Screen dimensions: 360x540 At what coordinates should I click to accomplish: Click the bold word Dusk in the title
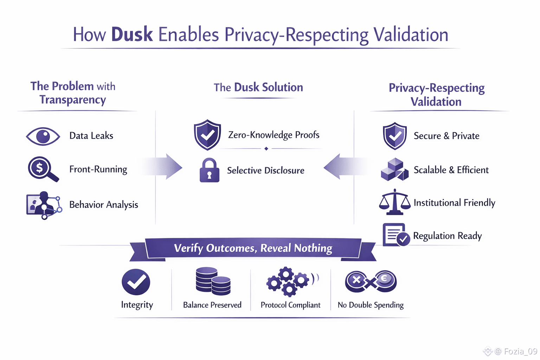coord(132,34)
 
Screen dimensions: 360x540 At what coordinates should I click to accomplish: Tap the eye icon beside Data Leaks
coord(43,136)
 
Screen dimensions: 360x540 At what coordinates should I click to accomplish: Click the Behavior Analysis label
coord(104,205)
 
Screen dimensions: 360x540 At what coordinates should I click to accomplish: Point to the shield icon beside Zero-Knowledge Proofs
coord(207,135)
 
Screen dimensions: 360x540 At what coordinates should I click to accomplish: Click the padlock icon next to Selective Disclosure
coord(209,170)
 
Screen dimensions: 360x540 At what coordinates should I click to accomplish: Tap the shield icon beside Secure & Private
coord(395,136)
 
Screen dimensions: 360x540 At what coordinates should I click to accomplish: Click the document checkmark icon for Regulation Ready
coord(396,235)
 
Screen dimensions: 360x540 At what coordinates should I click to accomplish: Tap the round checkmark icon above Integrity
coord(136,282)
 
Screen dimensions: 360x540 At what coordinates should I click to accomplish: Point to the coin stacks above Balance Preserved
coord(213,281)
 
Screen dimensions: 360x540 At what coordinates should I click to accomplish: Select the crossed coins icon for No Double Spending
coord(371,281)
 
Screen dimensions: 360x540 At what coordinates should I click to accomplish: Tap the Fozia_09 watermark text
coord(520,351)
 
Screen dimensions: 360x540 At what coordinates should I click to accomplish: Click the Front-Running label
coord(98,169)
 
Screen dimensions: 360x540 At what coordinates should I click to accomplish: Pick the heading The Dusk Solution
coord(258,87)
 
